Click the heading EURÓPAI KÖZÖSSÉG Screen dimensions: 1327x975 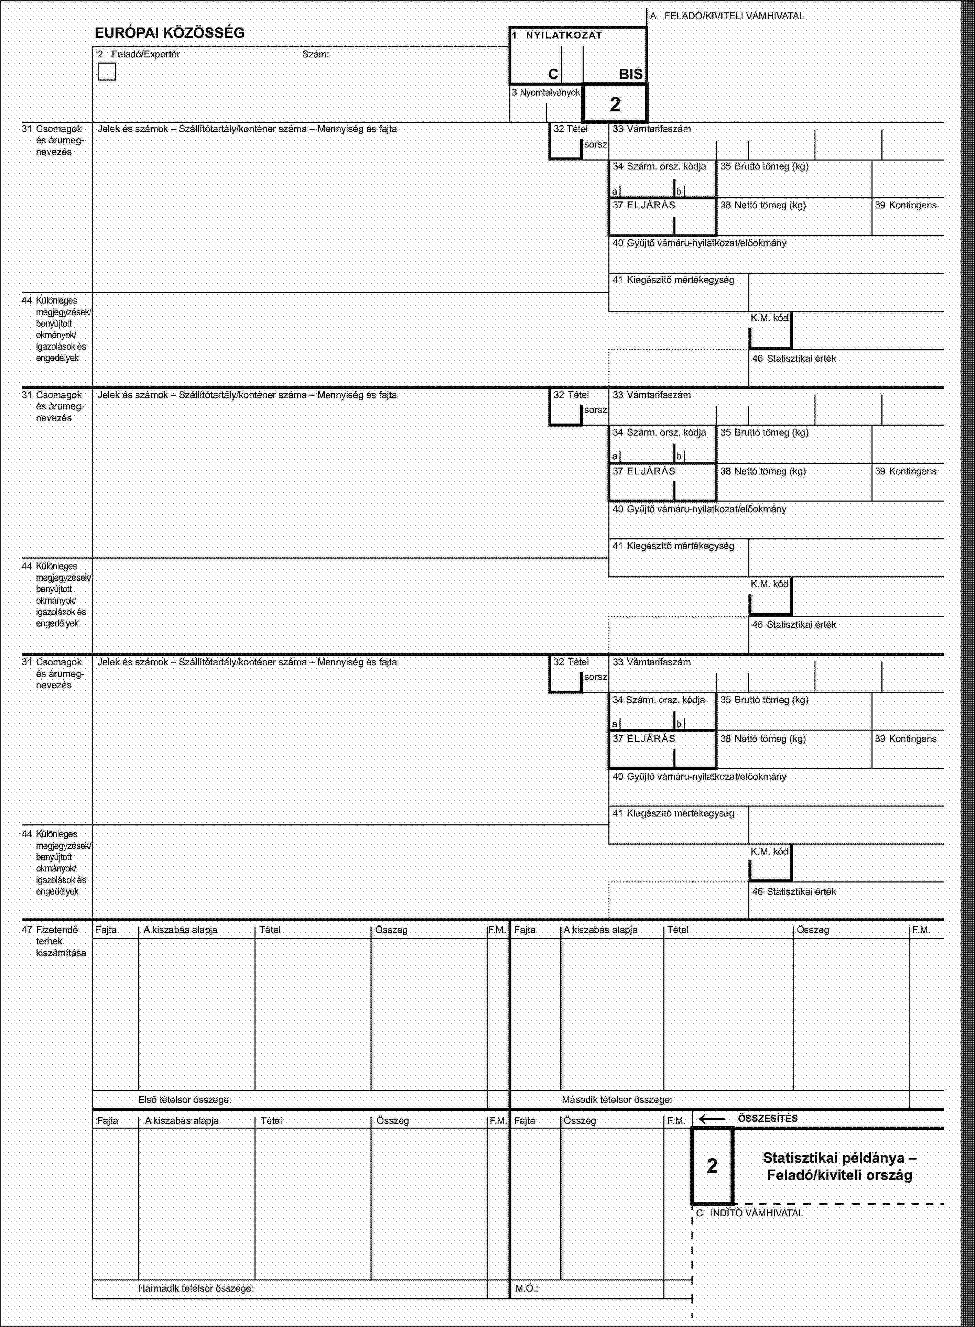(x=170, y=33)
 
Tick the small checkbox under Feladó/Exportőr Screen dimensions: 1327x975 (x=107, y=72)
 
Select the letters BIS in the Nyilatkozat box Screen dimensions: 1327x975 (x=630, y=74)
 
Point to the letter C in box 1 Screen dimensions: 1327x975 (x=552, y=74)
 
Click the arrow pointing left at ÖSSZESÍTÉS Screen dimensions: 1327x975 (x=712, y=1118)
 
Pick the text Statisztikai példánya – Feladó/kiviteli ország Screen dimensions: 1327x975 (x=839, y=1166)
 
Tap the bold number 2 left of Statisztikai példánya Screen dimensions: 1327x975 (x=712, y=1165)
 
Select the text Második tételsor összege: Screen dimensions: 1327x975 (x=617, y=1100)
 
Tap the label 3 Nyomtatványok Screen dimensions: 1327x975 (x=546, y=92)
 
